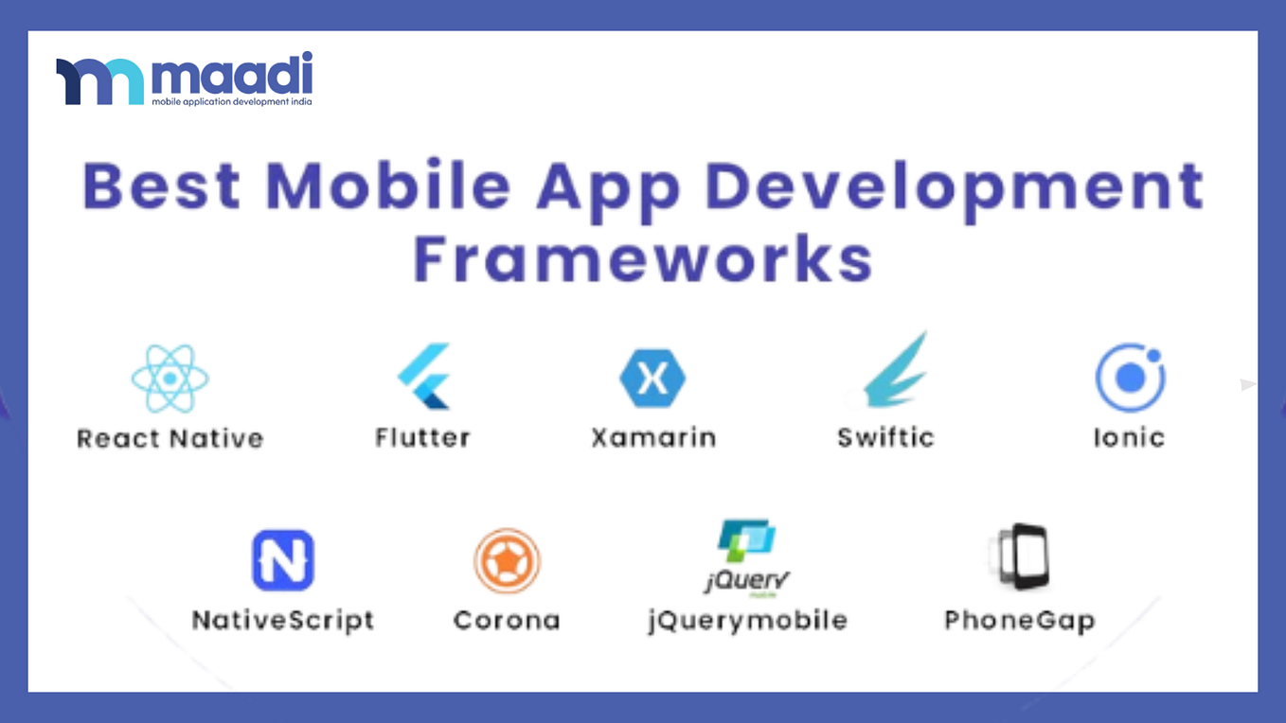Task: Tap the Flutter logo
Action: (x=423, y=377)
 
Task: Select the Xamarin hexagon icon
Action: (x=652, y=379)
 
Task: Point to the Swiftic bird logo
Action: (x=896, y=371)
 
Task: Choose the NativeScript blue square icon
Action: (x=282, y=560)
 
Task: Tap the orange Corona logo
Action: (x=507, y=560)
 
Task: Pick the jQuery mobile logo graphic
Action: (x=747, y=557)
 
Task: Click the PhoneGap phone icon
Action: (x=1020, y=557)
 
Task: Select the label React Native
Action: (x=170, y=438)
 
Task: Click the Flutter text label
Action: (x=422, y=437)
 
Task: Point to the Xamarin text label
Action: (x=652, y=437)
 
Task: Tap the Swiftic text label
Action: (x=885, y=437)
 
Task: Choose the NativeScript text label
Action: (x=282, y=621)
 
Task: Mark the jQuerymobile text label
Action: (x=747, y=621)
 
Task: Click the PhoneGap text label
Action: (x=1019, y=622)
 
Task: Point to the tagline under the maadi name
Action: (x=232, y=101)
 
